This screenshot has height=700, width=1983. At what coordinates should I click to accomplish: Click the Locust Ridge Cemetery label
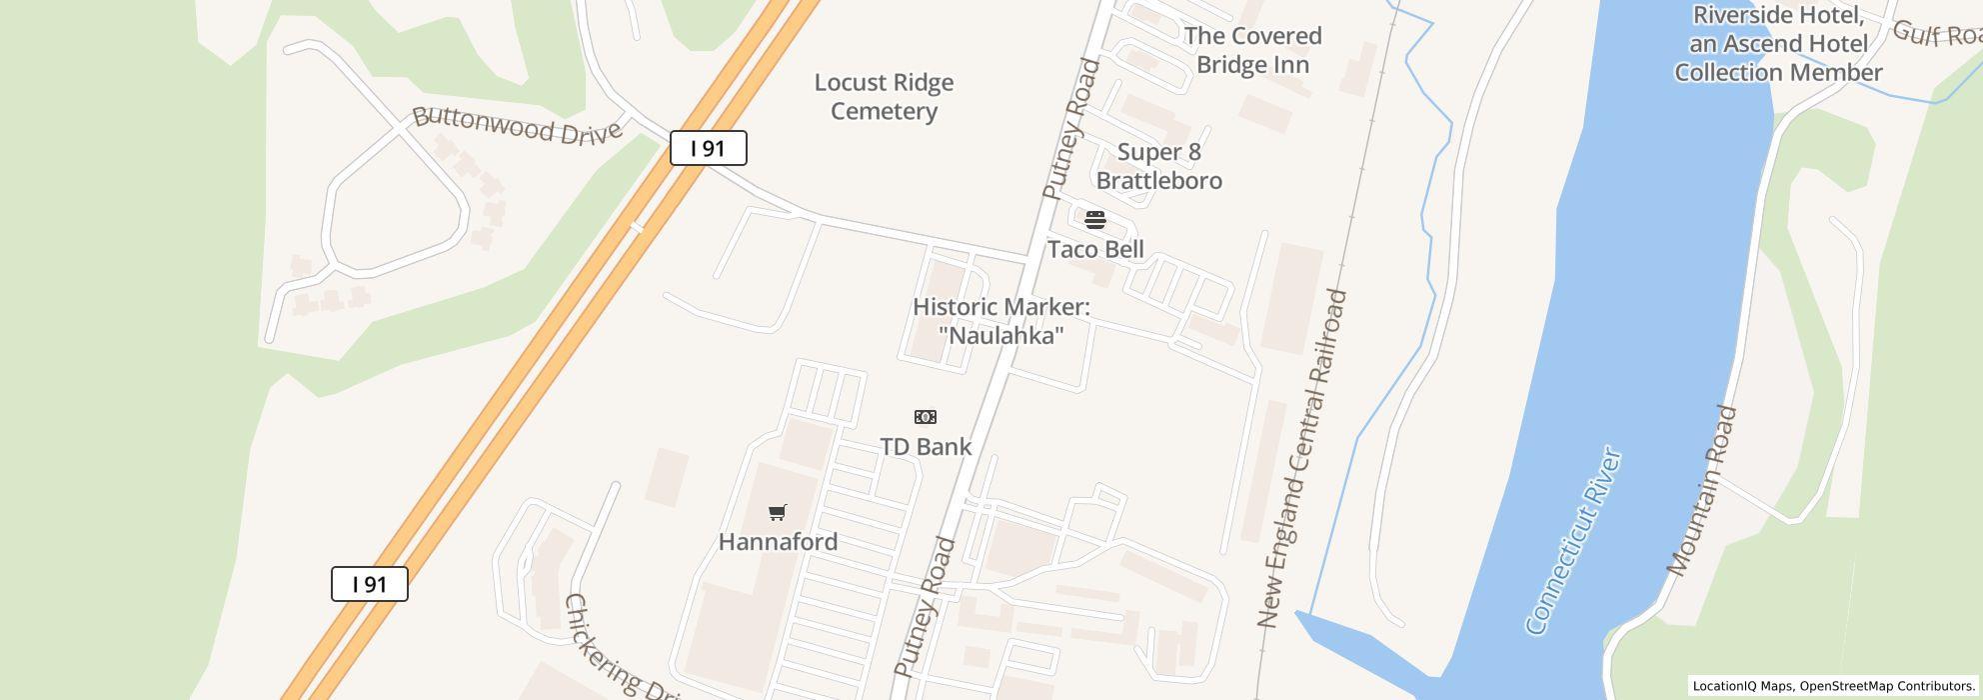coord(884,97)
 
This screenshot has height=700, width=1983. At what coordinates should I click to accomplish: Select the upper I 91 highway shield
coord(708,149)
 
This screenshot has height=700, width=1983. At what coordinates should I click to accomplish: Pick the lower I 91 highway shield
coord(370,584)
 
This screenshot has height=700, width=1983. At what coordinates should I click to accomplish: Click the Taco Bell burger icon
coord(1095,220)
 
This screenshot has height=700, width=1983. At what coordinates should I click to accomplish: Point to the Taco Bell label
coord(1095,249)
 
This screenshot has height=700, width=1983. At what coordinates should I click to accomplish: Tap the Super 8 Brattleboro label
coord(1159,166)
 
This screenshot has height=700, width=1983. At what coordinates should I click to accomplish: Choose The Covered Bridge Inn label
coord(1252,50)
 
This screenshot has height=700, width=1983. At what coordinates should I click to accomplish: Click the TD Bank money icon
coord(926,417)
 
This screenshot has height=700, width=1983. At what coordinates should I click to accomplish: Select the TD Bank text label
coord(926,446)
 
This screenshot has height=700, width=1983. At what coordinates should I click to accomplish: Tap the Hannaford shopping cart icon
coord(778,513)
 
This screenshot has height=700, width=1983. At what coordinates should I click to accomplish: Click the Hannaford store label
coord(778,542)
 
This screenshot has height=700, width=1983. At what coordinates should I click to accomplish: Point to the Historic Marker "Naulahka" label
coord(1000,321)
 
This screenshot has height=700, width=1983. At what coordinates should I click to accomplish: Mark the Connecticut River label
coord(1573,541)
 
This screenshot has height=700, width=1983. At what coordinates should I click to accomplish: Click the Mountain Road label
coord(1703,490)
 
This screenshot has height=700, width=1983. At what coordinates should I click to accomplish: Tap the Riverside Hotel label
coord(1778,44)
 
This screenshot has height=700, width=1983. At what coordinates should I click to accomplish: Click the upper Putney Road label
coord(1070,128)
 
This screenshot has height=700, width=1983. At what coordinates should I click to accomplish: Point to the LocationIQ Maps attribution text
coord(1833,686)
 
